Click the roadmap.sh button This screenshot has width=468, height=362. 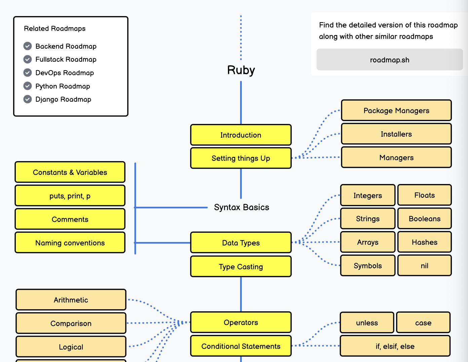tap(390, 60)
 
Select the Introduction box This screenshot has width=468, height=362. tap(241, 135)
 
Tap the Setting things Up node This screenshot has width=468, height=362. tap(241, 158)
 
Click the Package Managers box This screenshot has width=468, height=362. tap(396, 110)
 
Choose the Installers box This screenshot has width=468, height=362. tap(396, 134)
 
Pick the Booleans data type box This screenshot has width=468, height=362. tap(424, 219)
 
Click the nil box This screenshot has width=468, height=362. tap(424, 266)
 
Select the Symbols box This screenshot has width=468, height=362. tap(367, 266)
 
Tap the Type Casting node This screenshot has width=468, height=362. tap(241, 267)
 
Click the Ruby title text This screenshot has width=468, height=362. tap(241, 70)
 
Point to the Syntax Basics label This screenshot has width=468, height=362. tap(241, 207)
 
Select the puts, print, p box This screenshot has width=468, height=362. tap(70, 196)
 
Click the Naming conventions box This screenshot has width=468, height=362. tap(70, 243)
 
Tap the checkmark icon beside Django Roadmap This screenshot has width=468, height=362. tap(28, 99)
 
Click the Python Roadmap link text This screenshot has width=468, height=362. tap(63, 86)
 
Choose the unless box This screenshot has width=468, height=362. tap(367, 323)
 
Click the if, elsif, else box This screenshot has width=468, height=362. tap(395, 346)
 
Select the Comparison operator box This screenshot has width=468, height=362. tap(71, 323)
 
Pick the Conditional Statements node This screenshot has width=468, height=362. tap(241, 346)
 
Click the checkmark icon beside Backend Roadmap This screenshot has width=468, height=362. tap(28, 46)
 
